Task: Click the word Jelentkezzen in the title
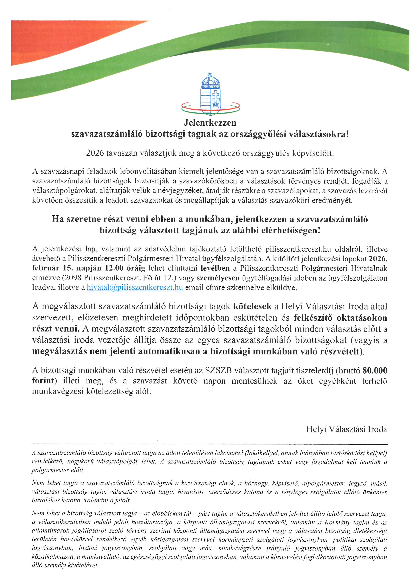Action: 210,123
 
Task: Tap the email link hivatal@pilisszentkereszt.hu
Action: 135,287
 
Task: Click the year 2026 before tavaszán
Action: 95,153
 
